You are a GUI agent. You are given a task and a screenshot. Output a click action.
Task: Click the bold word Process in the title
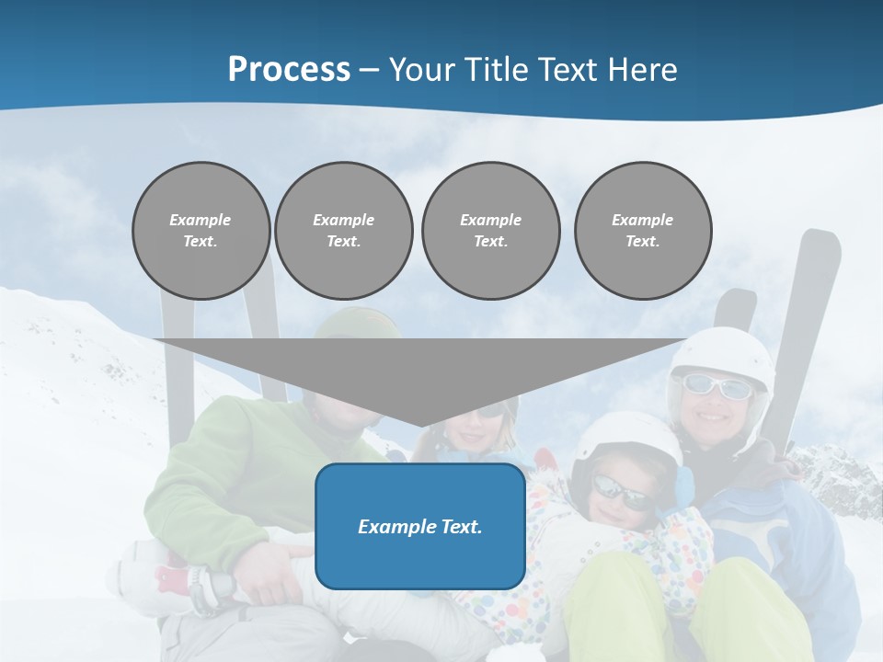pyautogui.click(x=289, y=70)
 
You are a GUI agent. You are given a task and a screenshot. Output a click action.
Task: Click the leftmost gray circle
pyautogui.click(x=201, y=231)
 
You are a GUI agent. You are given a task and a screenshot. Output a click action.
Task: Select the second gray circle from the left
pyautogui.click(x=343, y=231)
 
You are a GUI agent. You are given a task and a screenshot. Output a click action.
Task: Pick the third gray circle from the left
pyautogui.click(x=490, y=231)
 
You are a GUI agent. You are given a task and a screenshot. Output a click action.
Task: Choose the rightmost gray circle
pyautogui.click(x=642, y=231)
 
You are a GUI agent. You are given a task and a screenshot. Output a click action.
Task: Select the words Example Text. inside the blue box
pyautogui.click(x=419, y=526)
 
